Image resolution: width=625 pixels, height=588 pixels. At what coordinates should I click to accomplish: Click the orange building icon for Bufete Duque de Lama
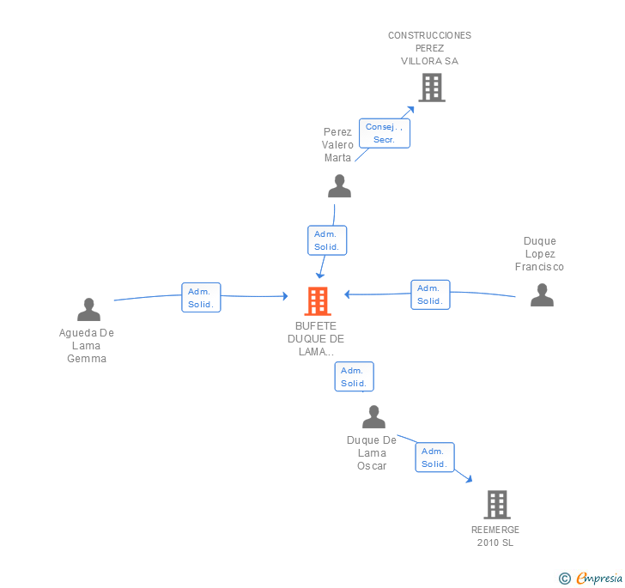pyautogui.click(x=318, y=301)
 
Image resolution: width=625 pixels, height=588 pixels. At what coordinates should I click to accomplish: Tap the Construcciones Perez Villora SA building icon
pyautogui.click(x=432, y=88)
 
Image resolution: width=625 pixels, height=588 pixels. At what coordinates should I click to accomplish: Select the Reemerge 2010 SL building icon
pyautogui.click(x=497, y=505)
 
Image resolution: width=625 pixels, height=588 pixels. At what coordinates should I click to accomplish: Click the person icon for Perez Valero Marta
pyautogui.click(x=340, y=185)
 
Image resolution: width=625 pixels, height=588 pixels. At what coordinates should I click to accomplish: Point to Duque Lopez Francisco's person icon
pyautogui.click(x=542, y=294)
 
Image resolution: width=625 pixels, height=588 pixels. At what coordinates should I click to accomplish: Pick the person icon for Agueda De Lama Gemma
pyautogui.click(x=88, y=309)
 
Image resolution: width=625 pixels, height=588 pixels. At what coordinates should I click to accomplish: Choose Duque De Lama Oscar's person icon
pyautogui.click(x=373, y=417)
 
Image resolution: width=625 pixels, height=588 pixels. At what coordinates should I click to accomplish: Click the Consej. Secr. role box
pyautogui.click(x=384, y=133)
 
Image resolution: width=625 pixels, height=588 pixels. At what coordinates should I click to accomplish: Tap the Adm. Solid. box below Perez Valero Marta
pyautogui.click(x=327, y=240)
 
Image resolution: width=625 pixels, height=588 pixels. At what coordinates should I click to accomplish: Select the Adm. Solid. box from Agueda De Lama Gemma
pyautogui.click(x=201, y=298)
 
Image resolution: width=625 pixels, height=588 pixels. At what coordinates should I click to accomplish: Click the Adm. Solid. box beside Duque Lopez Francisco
pyautogui.click(x=430, y=294)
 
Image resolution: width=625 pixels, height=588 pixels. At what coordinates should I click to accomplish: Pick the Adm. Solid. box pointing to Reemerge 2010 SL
pyautogui.click(x=434, y=458)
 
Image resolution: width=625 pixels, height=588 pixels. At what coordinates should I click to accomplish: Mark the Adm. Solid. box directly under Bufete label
pyautogui.click(x=354, y=377)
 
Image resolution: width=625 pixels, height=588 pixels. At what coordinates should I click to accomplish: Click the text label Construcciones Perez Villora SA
pyautogui.click(x=429, y=48)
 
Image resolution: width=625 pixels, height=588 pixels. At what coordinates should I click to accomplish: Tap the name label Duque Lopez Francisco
pyautogui.click(x=540, y=254)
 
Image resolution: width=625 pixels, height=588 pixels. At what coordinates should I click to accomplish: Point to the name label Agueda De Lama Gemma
pyautogui.click(x=87, y=346)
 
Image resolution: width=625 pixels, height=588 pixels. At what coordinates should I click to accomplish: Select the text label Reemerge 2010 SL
pyautogui.click(x=495, y=536)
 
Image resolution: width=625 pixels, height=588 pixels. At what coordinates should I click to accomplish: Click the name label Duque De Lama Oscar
pyautogui.click(x=372, y=453)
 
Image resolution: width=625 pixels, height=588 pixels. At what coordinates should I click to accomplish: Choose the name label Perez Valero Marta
pyautogui.click(x=337, y=145)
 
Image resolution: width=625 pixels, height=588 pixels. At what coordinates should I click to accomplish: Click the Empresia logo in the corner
pyautogui.click(x=592, y=579)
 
